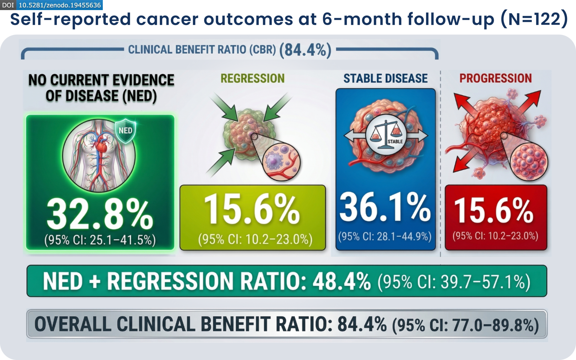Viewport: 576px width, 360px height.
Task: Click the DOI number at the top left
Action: click(x=60, y=5)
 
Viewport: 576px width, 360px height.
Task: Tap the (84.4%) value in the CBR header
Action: click(x=305, y=50)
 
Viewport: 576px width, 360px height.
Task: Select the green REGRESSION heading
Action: click(x=252, y=78)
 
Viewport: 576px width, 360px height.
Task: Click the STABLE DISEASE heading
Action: click(x=385, y=78)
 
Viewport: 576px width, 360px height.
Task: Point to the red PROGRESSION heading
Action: click(x=495, y=78)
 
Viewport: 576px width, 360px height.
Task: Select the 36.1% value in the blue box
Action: click(x=385, y=207)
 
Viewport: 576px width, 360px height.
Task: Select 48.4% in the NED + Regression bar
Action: click(x=341, y=281)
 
